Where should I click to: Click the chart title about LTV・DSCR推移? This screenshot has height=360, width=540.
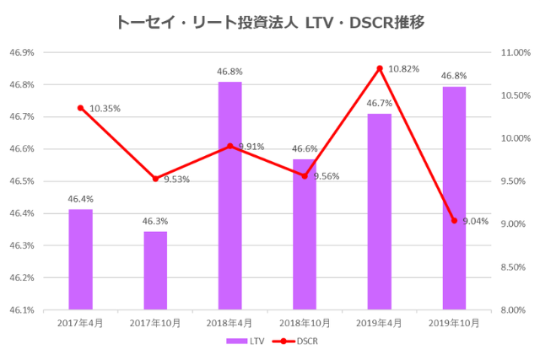(269, 22)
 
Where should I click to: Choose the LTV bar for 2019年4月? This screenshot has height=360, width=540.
(379, 211)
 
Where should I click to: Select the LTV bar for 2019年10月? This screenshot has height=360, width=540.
(454, 198)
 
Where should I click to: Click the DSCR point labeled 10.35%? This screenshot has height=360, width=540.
(80, 108)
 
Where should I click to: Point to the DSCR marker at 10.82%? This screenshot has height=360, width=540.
(380, 68)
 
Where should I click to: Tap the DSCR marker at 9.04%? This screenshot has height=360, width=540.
(454, 221)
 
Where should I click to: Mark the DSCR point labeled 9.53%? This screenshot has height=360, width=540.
(155, 179)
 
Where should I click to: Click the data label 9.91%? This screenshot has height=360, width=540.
(251, 147)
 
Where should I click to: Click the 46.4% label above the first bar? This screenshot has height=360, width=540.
(80, 200)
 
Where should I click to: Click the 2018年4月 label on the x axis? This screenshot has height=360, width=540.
(229, 322)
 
